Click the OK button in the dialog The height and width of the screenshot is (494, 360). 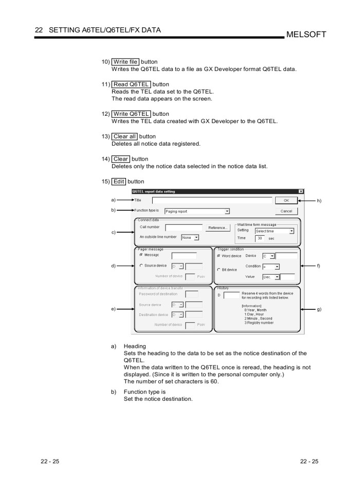coord(286,201)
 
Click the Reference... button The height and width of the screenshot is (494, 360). coord(219,228)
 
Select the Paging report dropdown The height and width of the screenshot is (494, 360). coord(196,211)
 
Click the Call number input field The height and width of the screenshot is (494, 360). coord(184,227)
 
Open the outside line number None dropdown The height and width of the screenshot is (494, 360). coord(190,238)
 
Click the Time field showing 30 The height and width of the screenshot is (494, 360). coord(260,238)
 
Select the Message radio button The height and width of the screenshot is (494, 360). coord(141,255)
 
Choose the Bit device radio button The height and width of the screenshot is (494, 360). coord(219,270)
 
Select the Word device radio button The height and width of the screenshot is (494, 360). coord(219,256)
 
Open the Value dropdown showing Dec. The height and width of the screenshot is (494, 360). coord(271,277)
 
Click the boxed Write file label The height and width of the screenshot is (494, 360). coord(125,62)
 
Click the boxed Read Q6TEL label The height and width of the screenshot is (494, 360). coord(131,84)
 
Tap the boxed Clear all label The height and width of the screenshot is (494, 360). coord(124,136)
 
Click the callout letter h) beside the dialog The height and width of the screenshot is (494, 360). coord(319,201)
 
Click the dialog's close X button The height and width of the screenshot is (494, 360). coord(301,191)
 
